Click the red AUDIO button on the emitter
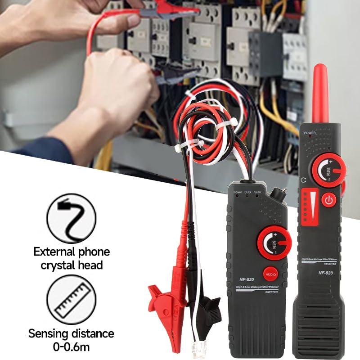(270, 274)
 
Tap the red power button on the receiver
(329, 200)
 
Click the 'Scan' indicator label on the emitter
(257, 192)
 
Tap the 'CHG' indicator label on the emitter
(247, 192)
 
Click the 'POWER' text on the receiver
(310, 133)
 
